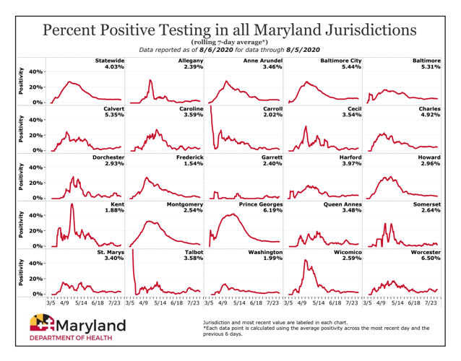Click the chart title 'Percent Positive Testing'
click(230, 30)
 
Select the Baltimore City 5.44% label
click(340, 64)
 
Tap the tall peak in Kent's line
click(72, 205)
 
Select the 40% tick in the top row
click(37, 71)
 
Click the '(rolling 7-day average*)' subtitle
click(230, 43)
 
